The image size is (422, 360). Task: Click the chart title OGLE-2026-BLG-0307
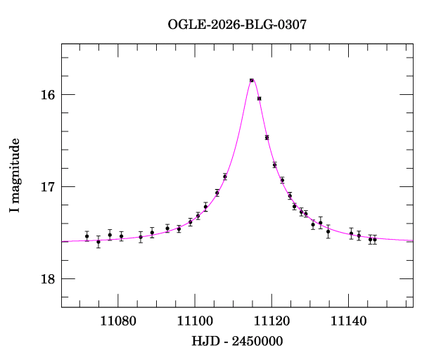click(237, 25)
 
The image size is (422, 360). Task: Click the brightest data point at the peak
click(251, 80)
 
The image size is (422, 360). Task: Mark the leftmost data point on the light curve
click(87, 236)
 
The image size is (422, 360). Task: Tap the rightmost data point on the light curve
click(375, 239)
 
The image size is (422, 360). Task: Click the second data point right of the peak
click(267, 137)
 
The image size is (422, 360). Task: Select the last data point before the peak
click(225, 176)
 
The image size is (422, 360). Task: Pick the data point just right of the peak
click(260, 98)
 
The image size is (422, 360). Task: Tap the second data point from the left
click(98, 242)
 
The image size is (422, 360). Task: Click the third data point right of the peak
click(275, 165)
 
